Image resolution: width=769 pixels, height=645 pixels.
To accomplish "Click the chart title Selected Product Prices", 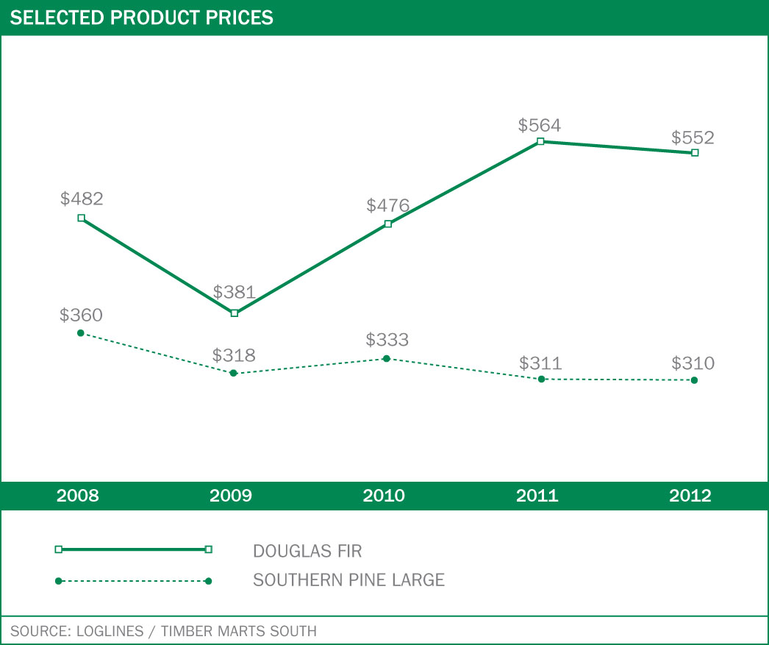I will coord(141,17).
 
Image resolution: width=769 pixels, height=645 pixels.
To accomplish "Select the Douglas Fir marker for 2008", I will coord(81,218).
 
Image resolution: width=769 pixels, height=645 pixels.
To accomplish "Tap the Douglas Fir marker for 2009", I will coord(235,313).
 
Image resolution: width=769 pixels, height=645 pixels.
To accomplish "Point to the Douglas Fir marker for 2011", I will coord(540,141).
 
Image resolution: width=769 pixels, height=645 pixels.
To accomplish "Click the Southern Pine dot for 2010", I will coord(387,359).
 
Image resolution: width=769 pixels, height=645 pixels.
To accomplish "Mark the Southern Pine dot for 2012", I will coord(694,380).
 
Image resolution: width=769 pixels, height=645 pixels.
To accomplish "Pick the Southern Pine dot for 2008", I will coord(81,333).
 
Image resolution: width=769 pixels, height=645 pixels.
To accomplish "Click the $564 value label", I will coord(539,125).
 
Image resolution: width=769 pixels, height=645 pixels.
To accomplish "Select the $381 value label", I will coord(234,292).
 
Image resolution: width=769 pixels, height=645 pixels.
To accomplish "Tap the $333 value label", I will coord(387,340).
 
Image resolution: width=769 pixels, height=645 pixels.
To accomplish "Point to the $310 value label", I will coord(693,363).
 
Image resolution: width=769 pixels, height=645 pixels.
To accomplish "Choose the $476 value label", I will coord(387,205).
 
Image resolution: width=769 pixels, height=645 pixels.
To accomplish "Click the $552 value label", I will coord(693,138).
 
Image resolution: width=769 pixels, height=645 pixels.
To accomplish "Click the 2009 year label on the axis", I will coord(231,496).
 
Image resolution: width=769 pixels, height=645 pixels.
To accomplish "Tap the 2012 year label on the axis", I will coord(690,496).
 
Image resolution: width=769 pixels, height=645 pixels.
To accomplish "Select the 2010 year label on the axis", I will coord(384,496).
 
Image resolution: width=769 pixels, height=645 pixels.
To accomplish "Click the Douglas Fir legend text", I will coord(307,551).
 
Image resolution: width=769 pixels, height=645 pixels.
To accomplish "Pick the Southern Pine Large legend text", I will coord(348,580).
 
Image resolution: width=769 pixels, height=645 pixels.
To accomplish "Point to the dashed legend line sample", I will coord(133,581).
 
